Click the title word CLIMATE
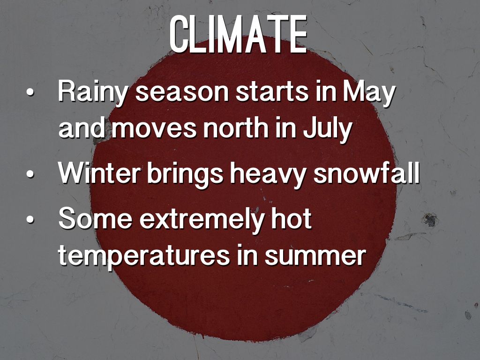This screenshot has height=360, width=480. point(238,34)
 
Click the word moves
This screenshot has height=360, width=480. point(154,128)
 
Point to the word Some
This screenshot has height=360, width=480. point(95,218)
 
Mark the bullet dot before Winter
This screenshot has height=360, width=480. point(30,173)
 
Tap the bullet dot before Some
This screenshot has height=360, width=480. point(30,219)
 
